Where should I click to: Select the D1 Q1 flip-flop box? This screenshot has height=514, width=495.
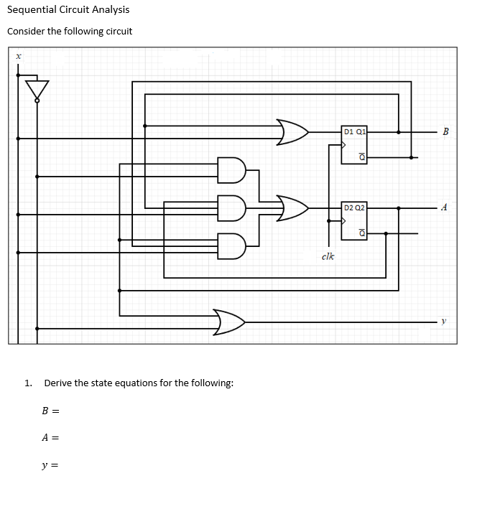(x=355, y=144)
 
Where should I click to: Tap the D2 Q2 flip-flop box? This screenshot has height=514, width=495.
(x=355, y=220)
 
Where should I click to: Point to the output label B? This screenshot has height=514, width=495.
(x=445, y=131)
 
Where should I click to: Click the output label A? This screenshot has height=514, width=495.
(x=445, y=207)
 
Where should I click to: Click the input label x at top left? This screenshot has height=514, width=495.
(x=19, y=55)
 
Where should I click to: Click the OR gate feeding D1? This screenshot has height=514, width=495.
(x=292, y=132)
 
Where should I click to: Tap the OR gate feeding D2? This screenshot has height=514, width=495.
(x=292, y=207)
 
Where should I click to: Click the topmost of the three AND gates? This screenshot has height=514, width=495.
(x=231, y=169)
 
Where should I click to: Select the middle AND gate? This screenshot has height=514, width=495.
(x=231, y=207)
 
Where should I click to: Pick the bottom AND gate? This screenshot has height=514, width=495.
(x=231, y=246)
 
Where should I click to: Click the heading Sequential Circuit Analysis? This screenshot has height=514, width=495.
(x=68, y=9)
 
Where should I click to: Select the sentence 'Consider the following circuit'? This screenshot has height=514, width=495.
(x=70, y=32)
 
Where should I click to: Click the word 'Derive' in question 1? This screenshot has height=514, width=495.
(x=57, y=383)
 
